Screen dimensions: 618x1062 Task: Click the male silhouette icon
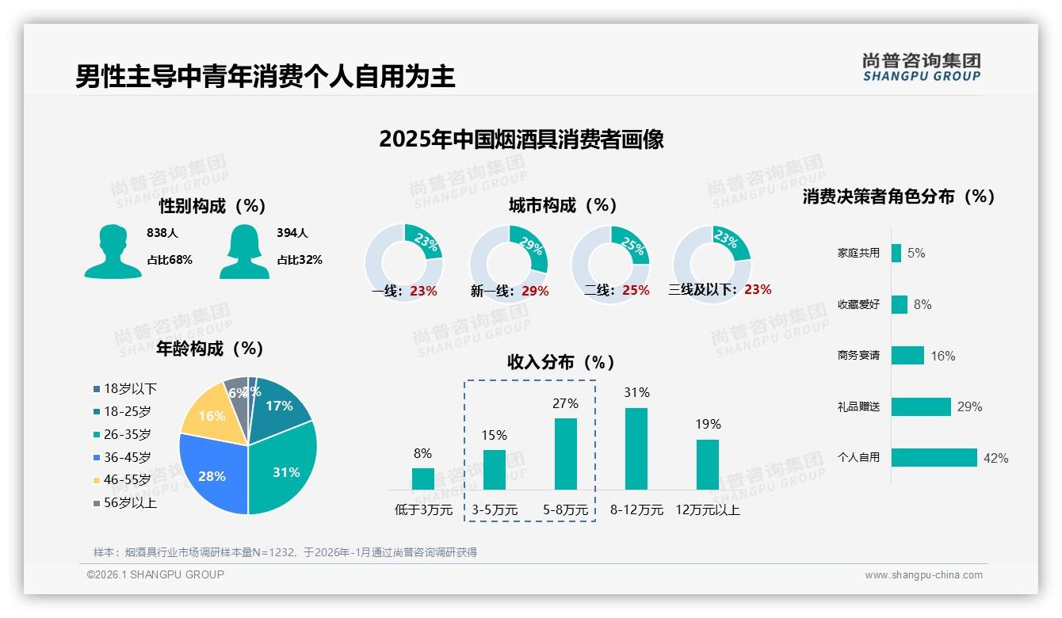[113, 251]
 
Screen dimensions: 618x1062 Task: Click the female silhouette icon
[244, 251]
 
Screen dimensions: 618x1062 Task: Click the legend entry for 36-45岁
[127, 457]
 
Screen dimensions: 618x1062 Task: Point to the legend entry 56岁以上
[130, 503]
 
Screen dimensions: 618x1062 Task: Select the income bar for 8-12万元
[636, 448]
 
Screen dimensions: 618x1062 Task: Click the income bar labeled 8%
[423, 479]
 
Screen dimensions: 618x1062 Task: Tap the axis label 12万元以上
[708, 510]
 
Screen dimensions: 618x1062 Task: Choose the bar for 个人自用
[934, 457]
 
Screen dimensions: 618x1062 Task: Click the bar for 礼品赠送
[921, 406]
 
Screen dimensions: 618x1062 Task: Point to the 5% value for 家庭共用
[916, 253]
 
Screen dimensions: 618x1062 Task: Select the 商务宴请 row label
[858, 355]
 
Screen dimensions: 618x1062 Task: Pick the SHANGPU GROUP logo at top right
[922, 67]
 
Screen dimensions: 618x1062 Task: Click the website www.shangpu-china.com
[923, 575]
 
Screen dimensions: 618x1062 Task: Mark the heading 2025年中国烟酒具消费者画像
[521, 139]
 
